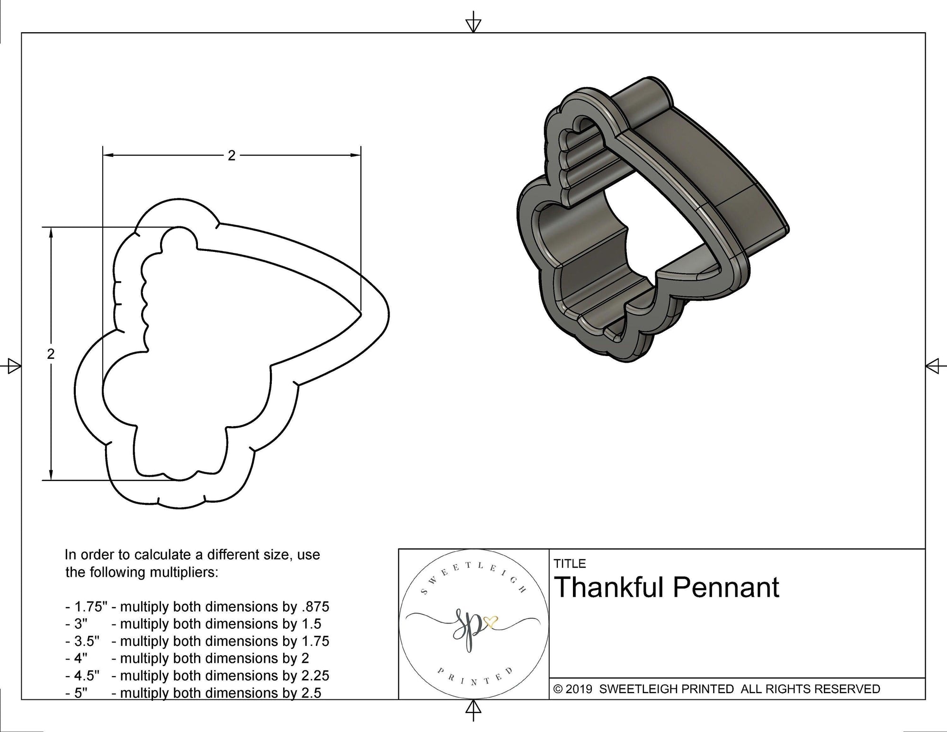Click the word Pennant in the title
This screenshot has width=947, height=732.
pyautogui.click(x=725, y=588)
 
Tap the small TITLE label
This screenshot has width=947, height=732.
pyautogui.click(x=570, y=563)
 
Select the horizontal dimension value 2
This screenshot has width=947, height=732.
pyautogui.click(x=231, y=155)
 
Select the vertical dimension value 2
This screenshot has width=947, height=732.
pyautogui.click(x=51, y=354)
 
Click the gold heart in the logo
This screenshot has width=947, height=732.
pyautogui.click(x=493, y=620)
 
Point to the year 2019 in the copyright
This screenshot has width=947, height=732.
pyautogui.click(x=579, y=689)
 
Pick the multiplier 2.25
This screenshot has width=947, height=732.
pyautogui.click(x=315, y=675)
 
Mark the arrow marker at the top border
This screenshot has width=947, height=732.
pyautogui.click(x=473, y=24)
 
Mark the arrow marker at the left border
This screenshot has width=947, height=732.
pyautogui.click(x=13, y=366)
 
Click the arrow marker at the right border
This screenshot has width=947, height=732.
pyautogui.click(x=934, y=366)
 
